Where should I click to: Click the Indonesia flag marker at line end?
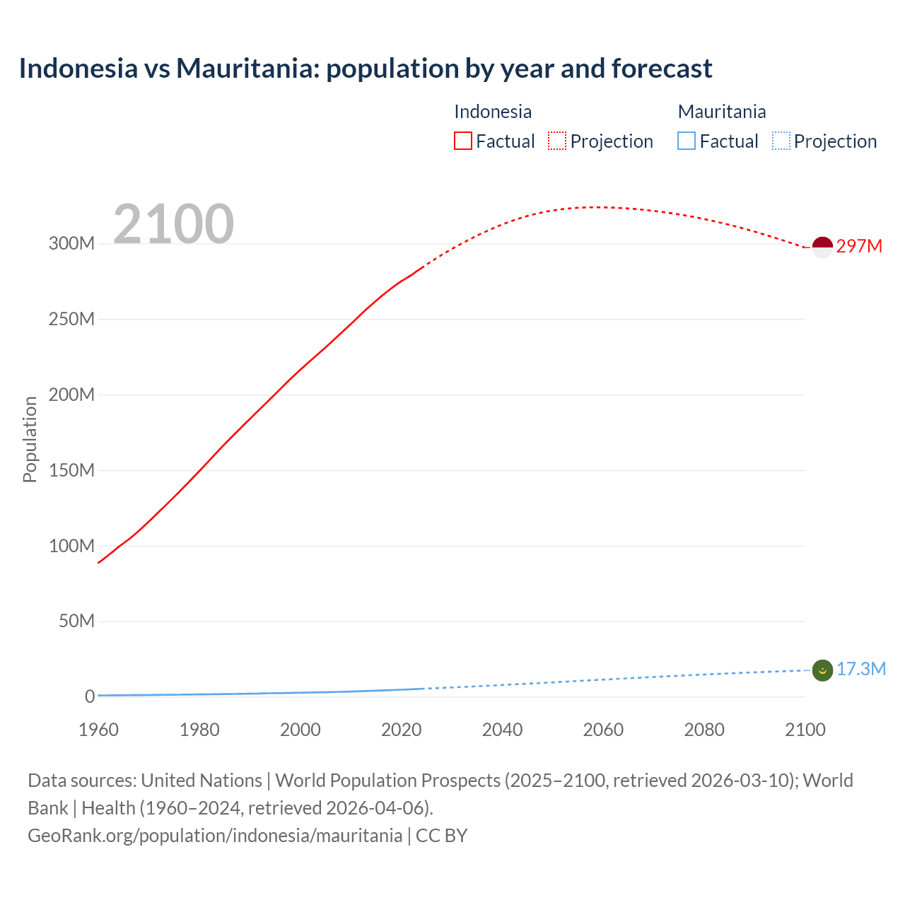click(x=822, y=247)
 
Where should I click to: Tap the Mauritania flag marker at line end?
click(x=822, y=670)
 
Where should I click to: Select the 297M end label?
click(x=859, y=246)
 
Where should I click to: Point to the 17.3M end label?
click(x=861, y=669)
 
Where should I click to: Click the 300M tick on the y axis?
click(x=71, y=243)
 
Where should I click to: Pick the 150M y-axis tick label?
click(x=71, y=470)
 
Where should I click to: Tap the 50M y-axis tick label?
click(x=76, y=621)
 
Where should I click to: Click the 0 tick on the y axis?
click(x=90, y=696)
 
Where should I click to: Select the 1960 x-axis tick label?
click(x=98, y=730)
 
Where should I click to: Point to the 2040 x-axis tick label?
click(x=502, y=730)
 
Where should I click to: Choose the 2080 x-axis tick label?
click(x=704, y=730)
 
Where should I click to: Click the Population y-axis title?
click(x=30, y=439)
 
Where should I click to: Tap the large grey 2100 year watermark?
click(x=173, y=223)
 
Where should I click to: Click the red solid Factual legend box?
click(x=463, y=141)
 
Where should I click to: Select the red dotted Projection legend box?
click(x=557, y=141)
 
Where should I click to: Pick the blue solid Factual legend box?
click(x=687, y=141)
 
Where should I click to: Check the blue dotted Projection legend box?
click(x=781, y=141)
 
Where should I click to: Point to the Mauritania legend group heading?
click(x=722, y=112)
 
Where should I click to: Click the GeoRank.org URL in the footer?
click(x=215, y=836)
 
